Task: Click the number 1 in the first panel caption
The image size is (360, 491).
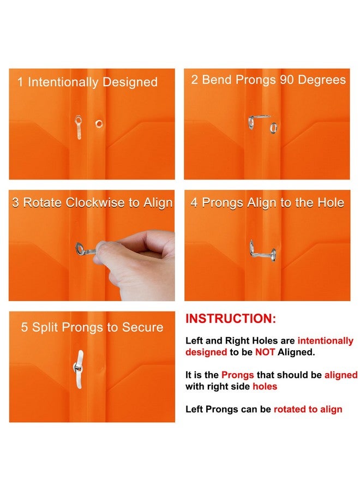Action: [x=20, y=82]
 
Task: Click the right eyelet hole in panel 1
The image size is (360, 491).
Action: [x=99, y=123]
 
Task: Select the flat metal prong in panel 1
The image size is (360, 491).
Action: [x=79, y=128]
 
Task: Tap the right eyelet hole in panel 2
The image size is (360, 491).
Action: [x=273, y=129]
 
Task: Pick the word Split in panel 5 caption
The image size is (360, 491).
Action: [x=45, y=327]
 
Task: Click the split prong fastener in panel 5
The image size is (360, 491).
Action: [x=80, y=369]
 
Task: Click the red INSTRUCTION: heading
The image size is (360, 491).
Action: [x=231, y=319]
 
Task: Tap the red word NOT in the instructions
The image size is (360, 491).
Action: [x=265, y=352]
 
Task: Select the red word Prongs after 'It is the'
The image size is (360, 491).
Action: [x=236, y=375]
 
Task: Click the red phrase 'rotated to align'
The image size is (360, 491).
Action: [x=308, y=409]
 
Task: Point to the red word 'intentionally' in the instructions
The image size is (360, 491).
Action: [x=325, y=341]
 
